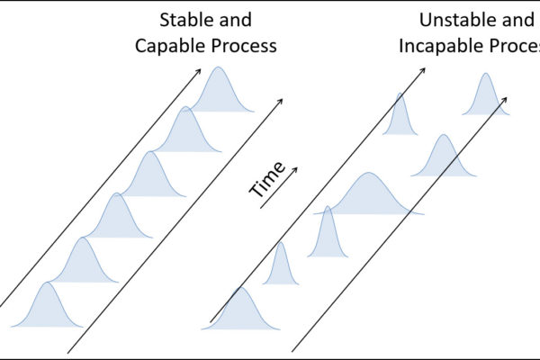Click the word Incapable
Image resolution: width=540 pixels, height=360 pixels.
(439, 45)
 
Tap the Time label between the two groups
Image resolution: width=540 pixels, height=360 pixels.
(268, 179)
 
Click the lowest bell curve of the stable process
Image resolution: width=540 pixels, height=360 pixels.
(47, 309)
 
